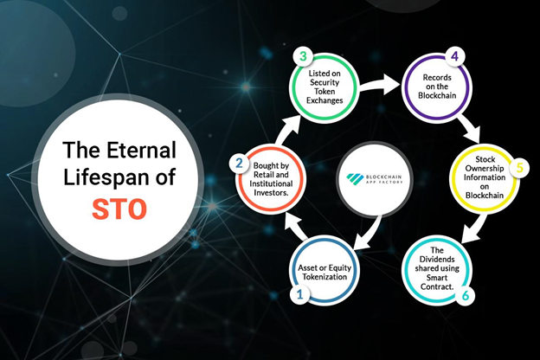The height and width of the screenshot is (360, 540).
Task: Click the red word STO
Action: tap(119, 209)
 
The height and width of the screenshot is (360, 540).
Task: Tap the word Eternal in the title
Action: tap(141, 150)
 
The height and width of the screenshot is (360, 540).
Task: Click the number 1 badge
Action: tap(300, 294)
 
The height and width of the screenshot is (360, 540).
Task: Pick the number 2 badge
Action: tap(239, 163)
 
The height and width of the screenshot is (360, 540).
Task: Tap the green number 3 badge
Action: tap(303, 56)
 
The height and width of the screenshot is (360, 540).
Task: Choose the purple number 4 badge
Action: tap(454, 56)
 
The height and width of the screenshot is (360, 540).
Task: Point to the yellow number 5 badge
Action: tap(520, 168)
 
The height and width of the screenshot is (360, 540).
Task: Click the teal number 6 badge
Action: tap(466, 295)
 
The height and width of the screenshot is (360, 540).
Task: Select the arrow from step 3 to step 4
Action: tap(379, 87)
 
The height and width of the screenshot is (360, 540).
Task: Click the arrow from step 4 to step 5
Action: tap(469, 128)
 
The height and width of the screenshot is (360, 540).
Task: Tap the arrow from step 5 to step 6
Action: tap(474, 228)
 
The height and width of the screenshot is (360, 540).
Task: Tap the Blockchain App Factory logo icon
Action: tap(355, 178)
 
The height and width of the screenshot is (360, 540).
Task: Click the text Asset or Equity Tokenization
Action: tap(325, 272)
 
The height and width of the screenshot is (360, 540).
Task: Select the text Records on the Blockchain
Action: tap(437, 87)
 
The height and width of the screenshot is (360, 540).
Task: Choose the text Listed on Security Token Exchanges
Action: tap(325, 87)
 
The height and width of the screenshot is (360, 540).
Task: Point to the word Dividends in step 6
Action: tap(437, 259)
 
